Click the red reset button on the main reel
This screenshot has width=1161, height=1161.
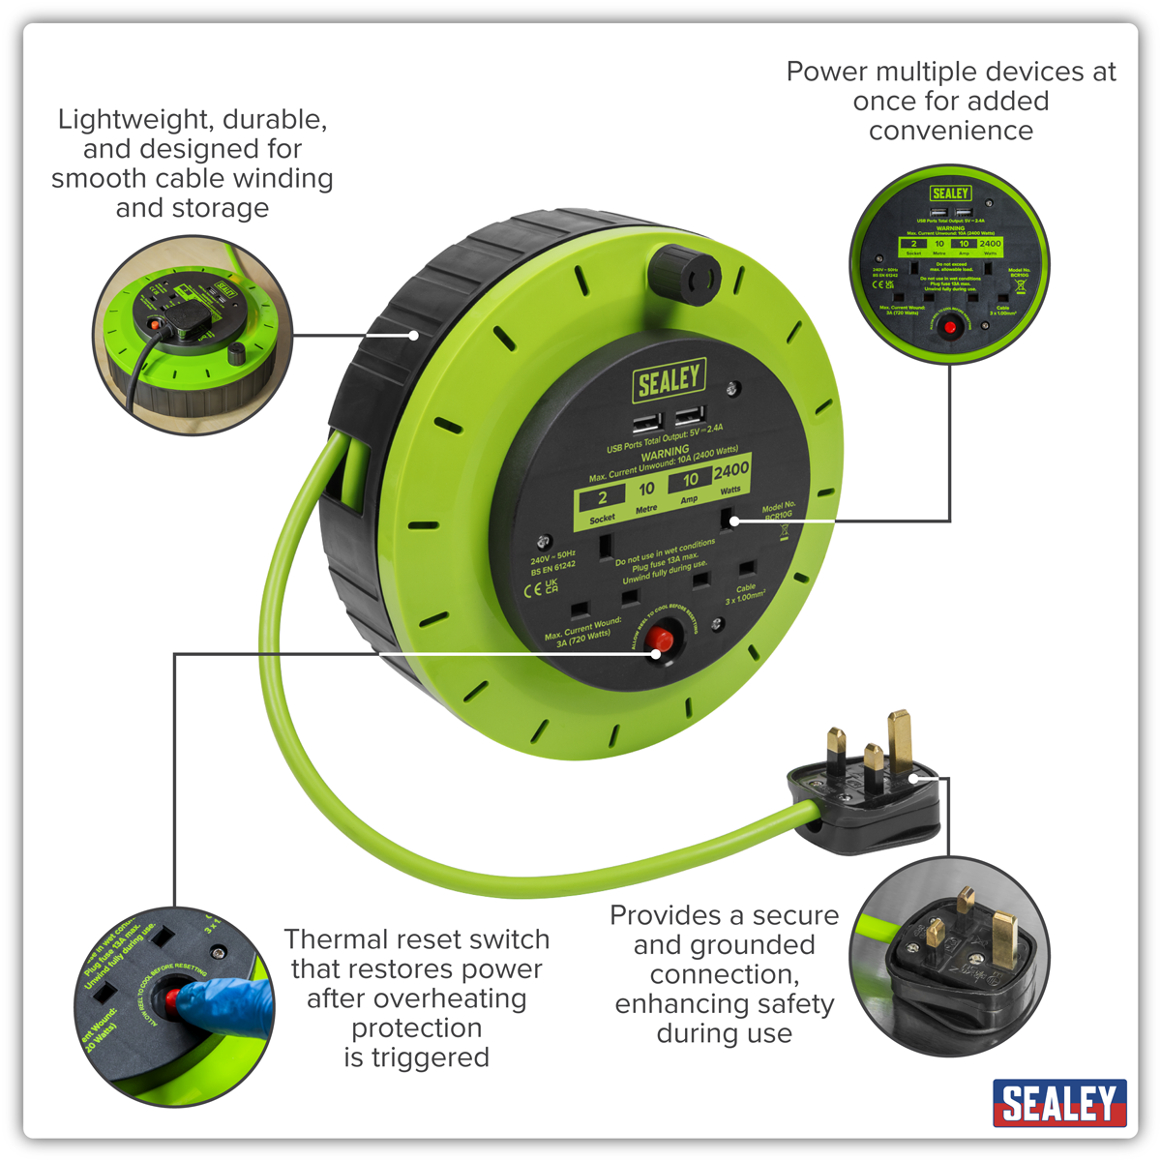[661, 641]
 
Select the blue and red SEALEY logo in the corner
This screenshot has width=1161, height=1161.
[1058, 1103]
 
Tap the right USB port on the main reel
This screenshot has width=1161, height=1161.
[688, 416]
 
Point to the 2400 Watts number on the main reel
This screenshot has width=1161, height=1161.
[731, 470]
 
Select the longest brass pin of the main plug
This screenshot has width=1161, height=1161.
[901, 740]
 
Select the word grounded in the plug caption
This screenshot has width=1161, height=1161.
[724, 944]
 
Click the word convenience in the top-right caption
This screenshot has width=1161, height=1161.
[950, 131]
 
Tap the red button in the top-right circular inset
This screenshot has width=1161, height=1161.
[950, 328]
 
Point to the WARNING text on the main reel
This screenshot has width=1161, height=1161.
[666, 452]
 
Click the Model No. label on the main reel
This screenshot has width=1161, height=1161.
[779, 506]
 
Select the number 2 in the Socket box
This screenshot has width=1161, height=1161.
[602, 498]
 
